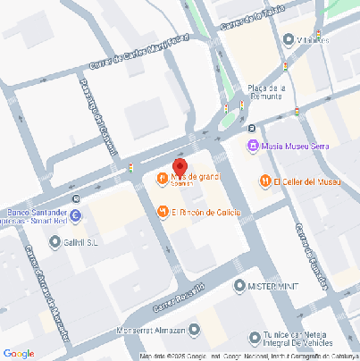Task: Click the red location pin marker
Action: [179, 167]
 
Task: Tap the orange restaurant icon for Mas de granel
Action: [162, 177]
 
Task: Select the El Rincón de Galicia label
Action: [205, 212]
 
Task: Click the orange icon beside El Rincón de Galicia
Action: [162, 212]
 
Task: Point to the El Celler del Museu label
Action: [306, 181]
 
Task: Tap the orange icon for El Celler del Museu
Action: [264, 181]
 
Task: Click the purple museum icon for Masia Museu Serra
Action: [253, 146]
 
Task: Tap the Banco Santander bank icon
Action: [75, 215]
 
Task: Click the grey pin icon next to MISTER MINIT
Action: [239, 286]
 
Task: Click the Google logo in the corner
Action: [19, 353]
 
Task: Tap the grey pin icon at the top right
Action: [289, 39]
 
